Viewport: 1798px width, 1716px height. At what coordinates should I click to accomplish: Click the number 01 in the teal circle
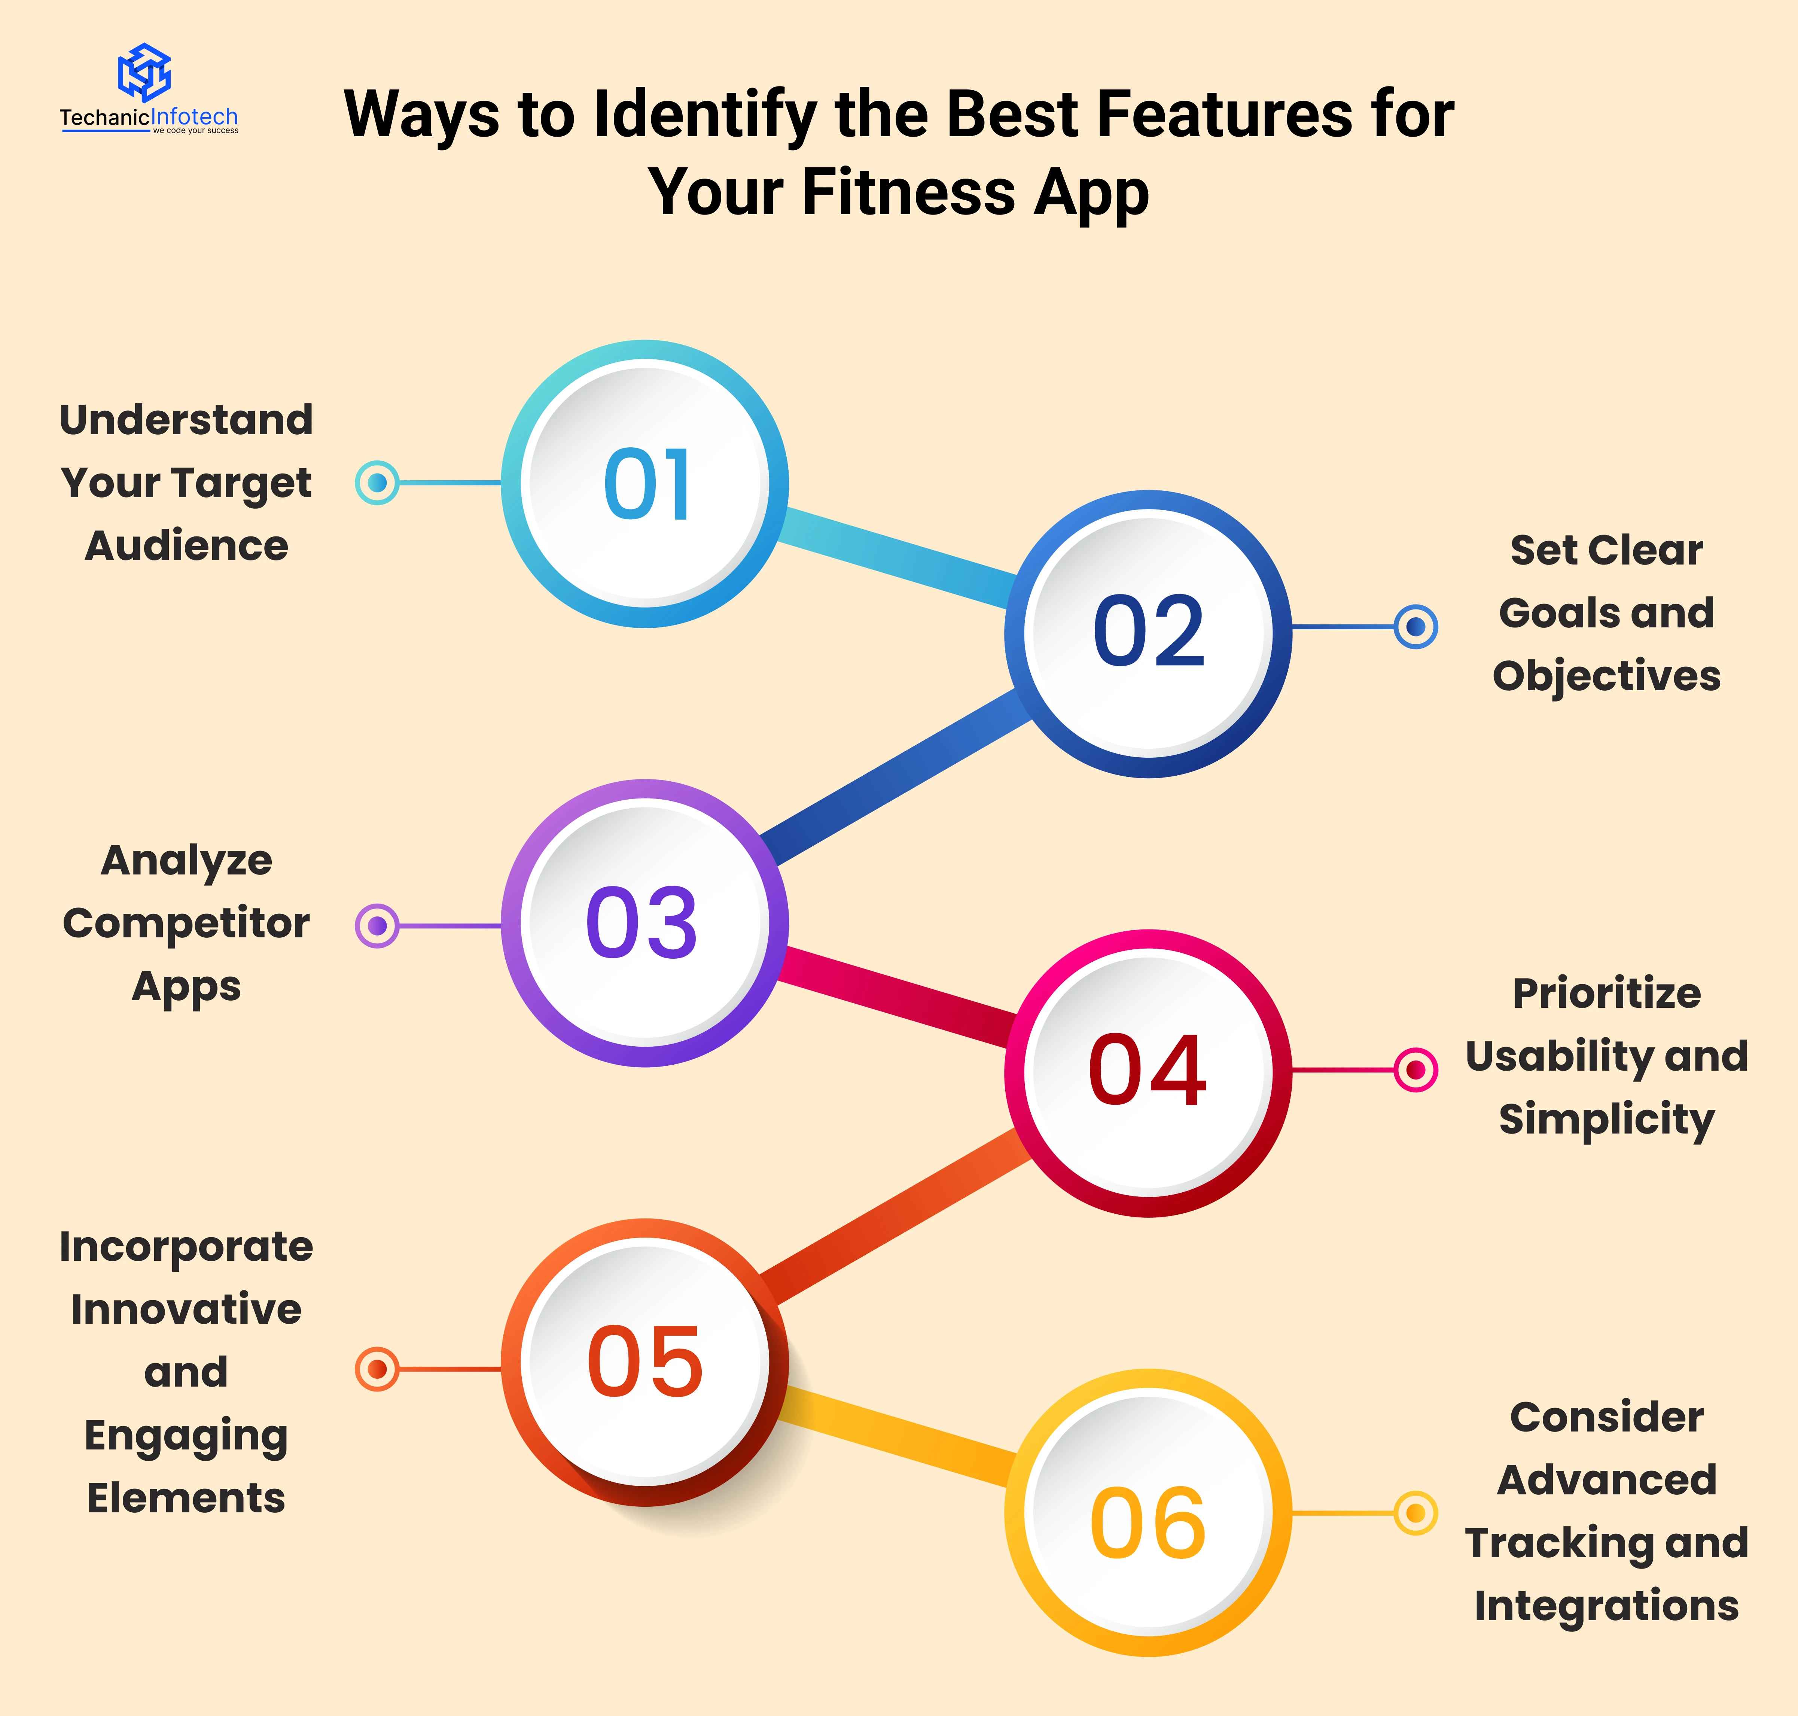coord(647,485)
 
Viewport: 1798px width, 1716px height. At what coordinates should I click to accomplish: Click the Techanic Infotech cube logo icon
coord(144,71)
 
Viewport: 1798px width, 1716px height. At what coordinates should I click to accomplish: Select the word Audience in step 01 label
coord(186,546)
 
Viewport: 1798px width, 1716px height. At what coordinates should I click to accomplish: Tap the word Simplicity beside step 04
coord(1607,1120)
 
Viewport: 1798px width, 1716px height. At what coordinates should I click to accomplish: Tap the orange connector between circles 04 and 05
coord(896,1217)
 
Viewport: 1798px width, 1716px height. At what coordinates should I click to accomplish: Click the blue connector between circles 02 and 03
coord(896,778)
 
